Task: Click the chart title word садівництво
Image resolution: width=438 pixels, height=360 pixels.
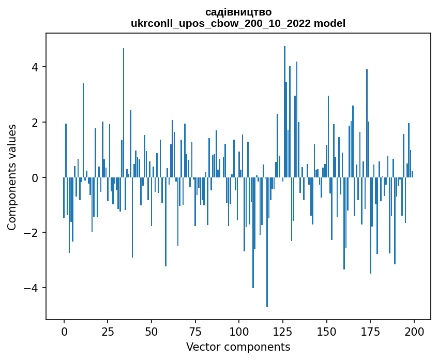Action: pos(238,12)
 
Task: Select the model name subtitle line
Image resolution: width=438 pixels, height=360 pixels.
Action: pos(238,23)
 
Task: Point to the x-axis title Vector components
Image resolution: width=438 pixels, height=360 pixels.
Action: pos(238,347)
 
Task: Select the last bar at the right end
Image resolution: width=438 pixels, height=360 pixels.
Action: pos(412,174)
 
